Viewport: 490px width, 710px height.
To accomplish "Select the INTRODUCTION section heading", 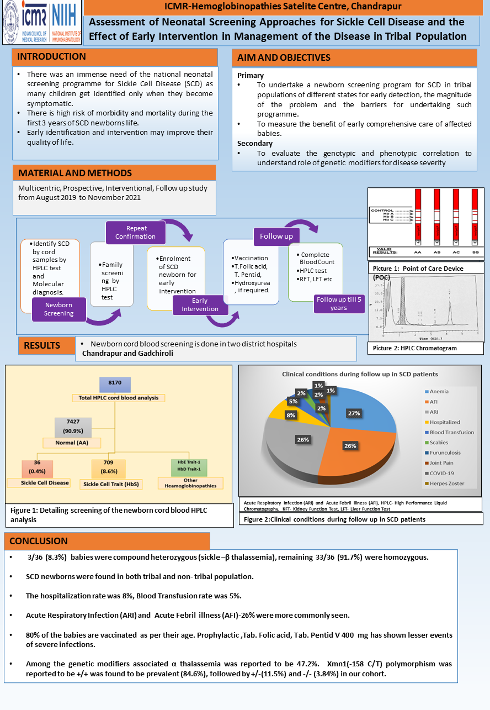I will click(52, 57).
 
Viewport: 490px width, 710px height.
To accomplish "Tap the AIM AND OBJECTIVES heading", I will click(284, 58).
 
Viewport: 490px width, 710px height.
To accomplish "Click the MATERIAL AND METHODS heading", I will click(75, 173).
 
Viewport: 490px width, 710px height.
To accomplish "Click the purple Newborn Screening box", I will click(58, 309).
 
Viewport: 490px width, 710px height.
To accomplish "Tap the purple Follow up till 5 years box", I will click(339, 303).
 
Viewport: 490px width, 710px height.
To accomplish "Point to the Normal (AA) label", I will click(72, 443).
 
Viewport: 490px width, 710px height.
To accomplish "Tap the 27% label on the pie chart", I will click(354, 413).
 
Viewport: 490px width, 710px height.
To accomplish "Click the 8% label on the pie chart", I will click(291, 414).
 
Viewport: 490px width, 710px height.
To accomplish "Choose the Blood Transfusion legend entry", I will click(452, 432).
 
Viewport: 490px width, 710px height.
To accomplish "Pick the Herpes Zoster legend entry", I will click(447, 483).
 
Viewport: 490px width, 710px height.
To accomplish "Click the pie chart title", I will click(360, 374).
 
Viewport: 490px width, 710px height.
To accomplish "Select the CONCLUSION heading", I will click(39, 541).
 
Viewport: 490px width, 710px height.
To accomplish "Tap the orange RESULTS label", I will click(42, 346).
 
